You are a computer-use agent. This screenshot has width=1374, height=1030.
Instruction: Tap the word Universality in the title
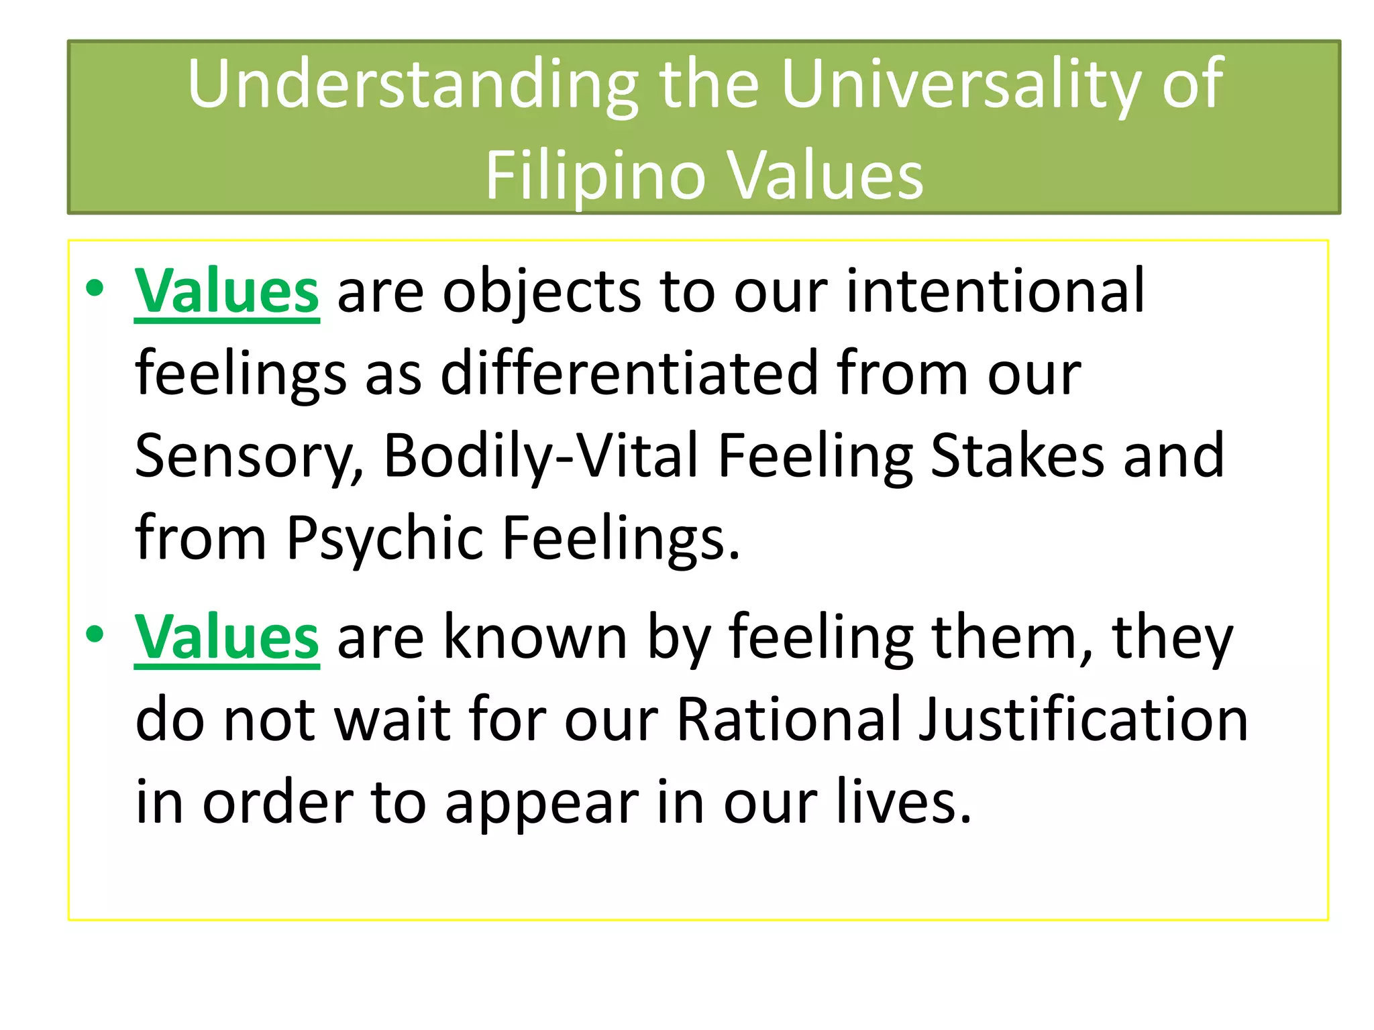pos(960,85)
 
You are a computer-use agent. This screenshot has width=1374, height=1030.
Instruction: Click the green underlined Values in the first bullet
pos(227,291)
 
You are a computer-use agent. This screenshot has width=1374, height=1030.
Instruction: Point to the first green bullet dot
pos(95,288)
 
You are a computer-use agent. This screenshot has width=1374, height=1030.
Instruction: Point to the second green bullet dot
pos(95,634)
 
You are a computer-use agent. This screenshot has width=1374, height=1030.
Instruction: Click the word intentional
pos(995,291)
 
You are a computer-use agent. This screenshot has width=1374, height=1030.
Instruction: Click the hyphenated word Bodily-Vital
pos(541,456)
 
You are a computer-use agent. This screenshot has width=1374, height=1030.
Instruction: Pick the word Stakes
pos(1017,456)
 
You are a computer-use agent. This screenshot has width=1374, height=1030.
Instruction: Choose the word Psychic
pos(385,538)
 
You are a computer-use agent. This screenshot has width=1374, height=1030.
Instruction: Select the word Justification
pos(1083,720)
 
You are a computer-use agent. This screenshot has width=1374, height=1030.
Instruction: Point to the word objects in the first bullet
pos(541,292)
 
